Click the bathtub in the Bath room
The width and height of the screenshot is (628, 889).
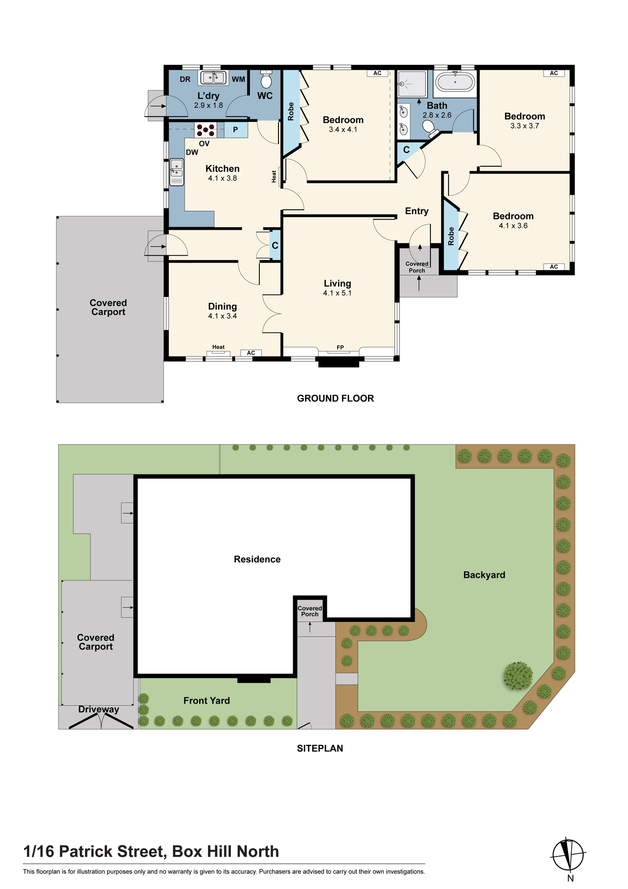(x=455, y=82)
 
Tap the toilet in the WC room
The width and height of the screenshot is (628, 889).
(x=266, y=79)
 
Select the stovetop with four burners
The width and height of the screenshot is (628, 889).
(x=206, y=130)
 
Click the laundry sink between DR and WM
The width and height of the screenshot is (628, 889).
(x=213, y=78)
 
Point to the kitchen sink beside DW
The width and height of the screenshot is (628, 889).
(x=176, y=172)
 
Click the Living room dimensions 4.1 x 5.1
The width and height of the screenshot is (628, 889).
(x=337, y=293)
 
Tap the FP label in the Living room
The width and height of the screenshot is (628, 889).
(x=340, y=348)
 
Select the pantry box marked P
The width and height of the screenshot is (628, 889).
(x=235, y=130)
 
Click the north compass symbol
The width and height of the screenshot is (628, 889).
(x=568, y=854)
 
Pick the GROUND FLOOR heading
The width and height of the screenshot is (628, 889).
(x=335, y=398)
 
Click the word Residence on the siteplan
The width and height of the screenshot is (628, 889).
(x=257, y=559)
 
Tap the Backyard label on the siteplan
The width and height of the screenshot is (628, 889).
(x=484, y=575)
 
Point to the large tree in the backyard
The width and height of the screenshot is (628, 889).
(x=518, y=676)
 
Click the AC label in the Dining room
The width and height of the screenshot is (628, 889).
(x=251, y=353)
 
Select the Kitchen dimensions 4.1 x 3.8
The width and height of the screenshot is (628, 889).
(x=223, y=178)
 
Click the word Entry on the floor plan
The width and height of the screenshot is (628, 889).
(x=417, y=211)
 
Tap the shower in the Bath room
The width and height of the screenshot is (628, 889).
(x=412, y=84)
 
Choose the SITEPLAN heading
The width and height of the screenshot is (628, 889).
(x=320, y=748)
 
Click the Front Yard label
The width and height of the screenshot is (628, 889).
(x=207, y=701)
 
